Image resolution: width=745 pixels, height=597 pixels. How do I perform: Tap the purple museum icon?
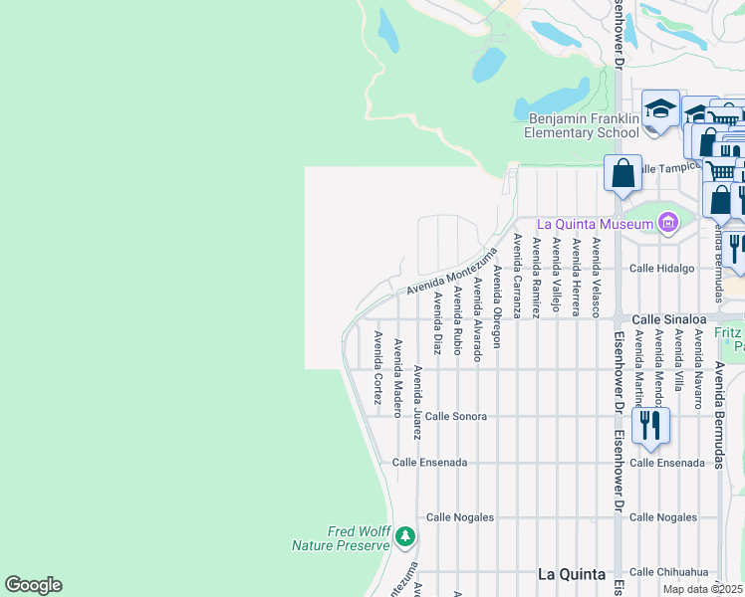coord(667,223)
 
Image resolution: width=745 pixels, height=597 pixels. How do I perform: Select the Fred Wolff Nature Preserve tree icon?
coord(404,537)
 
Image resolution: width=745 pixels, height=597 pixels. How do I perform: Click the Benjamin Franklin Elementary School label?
coord(582,125)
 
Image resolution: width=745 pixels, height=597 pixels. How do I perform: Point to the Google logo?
coord(33,585)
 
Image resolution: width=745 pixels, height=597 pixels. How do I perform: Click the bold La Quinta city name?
coord(572,574)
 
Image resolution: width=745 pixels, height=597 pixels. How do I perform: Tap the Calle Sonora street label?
coord(455,416)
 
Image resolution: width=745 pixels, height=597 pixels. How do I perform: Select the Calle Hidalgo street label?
coord(660,269)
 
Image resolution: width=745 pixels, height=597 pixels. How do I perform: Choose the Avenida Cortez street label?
coord(377,367)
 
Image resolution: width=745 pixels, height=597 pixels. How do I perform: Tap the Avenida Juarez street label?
coord(417,402)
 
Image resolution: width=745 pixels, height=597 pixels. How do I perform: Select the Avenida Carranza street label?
coord(517,276)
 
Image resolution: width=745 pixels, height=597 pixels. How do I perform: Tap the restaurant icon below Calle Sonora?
coord(650,425)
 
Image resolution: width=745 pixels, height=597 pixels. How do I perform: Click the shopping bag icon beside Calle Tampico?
coord(622,172)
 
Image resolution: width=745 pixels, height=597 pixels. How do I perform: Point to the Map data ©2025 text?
coord(702,589)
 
